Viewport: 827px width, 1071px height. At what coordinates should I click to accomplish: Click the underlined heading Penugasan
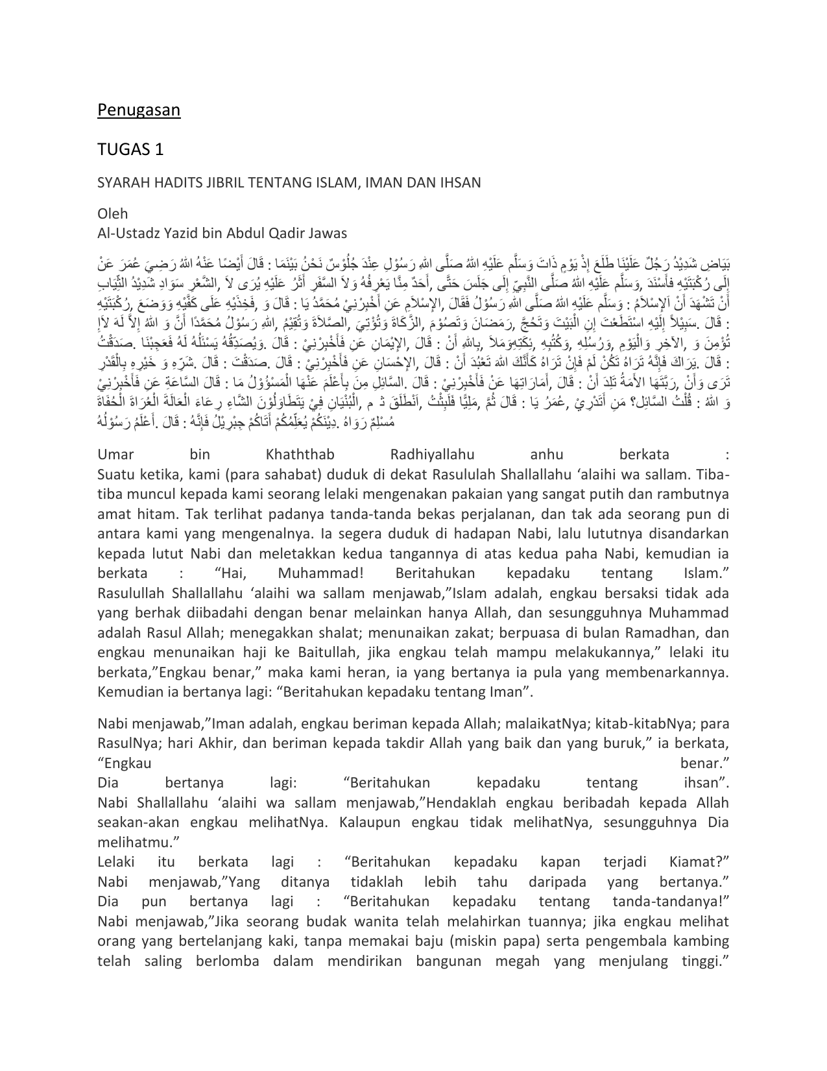(x=139, y=110)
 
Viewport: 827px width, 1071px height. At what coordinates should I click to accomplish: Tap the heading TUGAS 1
(x=130, y=150)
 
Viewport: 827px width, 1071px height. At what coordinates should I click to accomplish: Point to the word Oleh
(x=112, y=213)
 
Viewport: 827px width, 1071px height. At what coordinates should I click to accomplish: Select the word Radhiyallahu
(x=433, y=454)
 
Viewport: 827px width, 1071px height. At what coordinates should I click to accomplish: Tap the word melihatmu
(x=138, y=842)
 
